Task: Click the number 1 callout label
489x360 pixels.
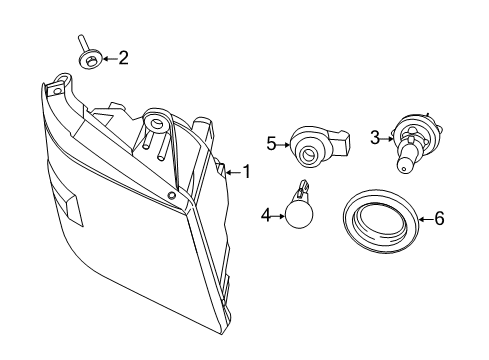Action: [246, 172]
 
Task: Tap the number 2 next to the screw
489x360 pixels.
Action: [123, 58]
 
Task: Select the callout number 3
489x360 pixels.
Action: [375, 137]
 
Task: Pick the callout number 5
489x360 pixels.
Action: [271, 144]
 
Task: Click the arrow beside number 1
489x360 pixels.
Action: [232, 172]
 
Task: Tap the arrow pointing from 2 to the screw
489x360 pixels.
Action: [108, 59]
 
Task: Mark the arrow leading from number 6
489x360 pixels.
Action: [423, 217]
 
